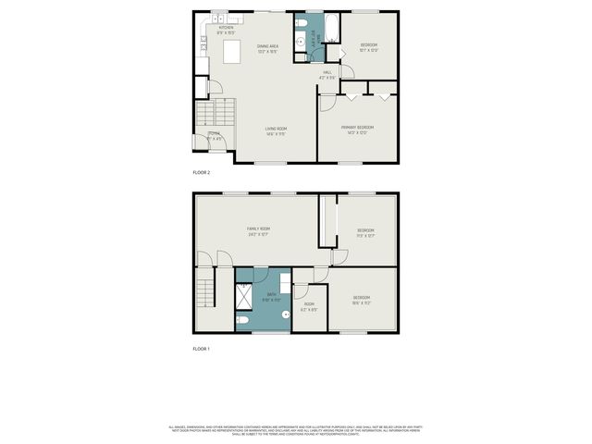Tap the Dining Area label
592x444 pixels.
[x=268, y=48]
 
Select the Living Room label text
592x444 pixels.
[x=276, y=130]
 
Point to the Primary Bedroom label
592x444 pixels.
[x=357, y=129]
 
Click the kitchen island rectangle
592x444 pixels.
[x=231, y=52]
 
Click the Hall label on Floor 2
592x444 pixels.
[x=327, y=75]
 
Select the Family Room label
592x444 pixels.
[x=258, y=230]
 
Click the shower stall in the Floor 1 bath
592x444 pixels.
[x=245, y=297]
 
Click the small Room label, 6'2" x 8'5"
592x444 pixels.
[x=309, y=306]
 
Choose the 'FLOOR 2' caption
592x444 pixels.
[x=202, y=173]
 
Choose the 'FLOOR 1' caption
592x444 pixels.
[x=202, y=349]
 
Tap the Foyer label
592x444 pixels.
[x=214, y=137]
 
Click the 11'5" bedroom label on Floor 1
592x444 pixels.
[x=366, y=232]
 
